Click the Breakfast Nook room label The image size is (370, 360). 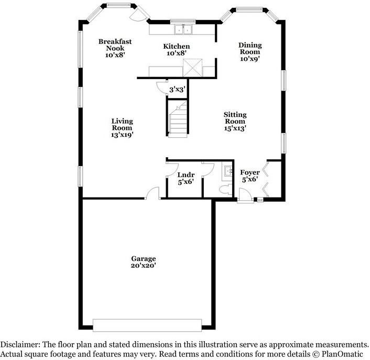click(115, 48)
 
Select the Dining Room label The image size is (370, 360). click(250, 52)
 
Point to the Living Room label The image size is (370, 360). click(122, 128)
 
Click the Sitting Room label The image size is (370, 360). click(235, 121)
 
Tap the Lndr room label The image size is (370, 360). click(186, 178)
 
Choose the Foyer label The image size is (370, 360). click(250, 176)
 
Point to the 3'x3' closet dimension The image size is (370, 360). click(176, 90)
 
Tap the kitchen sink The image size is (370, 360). click(183, 29)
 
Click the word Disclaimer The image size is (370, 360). click(20, 345)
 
